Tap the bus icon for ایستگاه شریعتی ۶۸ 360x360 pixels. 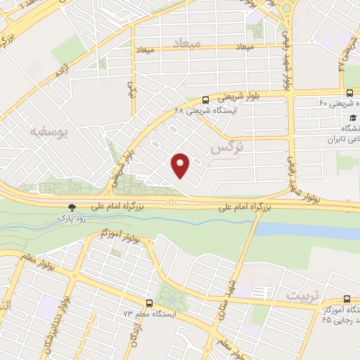(205, 100)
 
